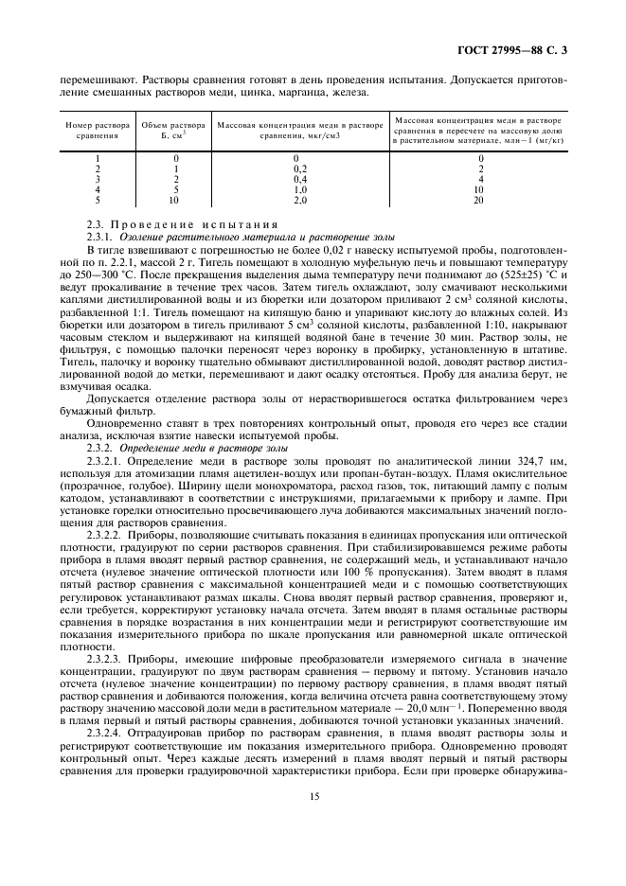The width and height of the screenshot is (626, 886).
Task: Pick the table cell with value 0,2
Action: point(298,168)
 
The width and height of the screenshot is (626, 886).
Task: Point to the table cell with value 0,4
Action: point(298,178)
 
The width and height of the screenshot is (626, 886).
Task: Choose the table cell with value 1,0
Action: point(298,189)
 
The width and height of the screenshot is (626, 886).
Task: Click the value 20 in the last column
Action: point(478,200)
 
